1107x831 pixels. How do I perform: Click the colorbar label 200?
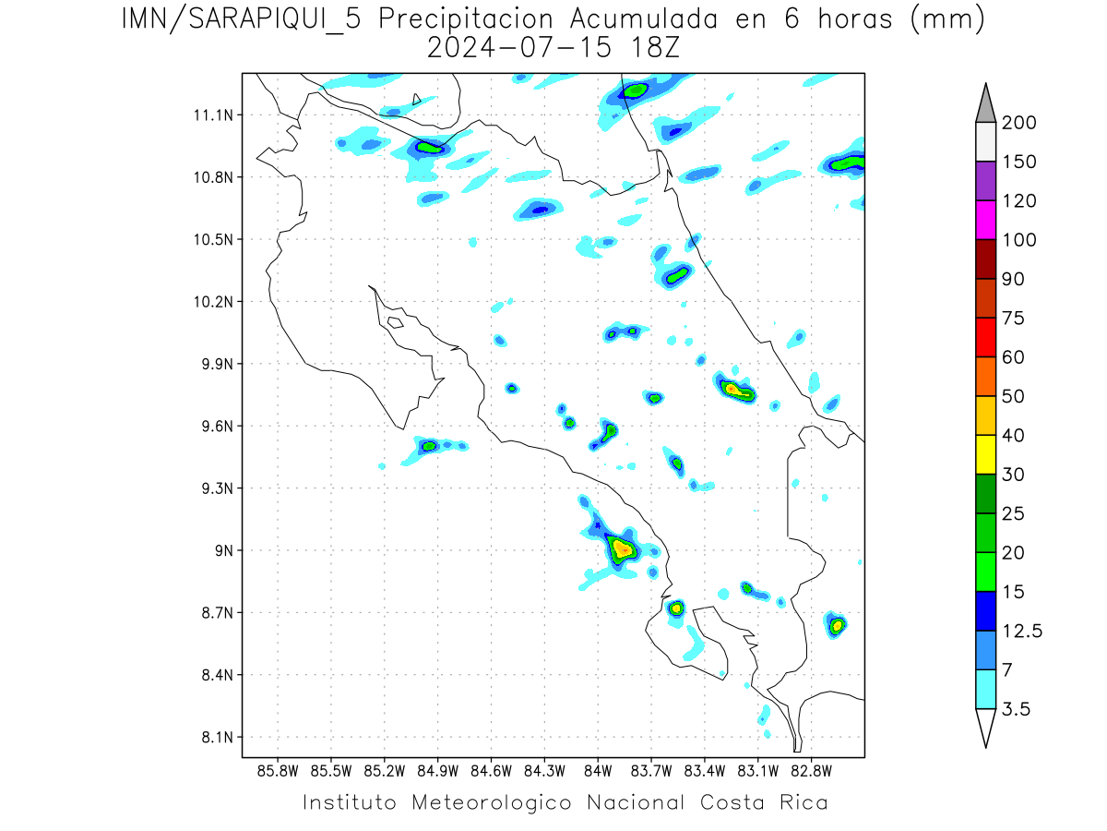(1018, 123)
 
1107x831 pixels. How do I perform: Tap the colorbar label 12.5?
(1022, 631)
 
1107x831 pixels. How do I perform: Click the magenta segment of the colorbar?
(984, 220)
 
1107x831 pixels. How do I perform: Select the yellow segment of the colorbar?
(984, 454)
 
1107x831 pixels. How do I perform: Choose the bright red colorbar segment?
(984, 337)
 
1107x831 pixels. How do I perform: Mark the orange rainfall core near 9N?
(625, 549)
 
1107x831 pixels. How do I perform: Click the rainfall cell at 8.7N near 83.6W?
(676, 608)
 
